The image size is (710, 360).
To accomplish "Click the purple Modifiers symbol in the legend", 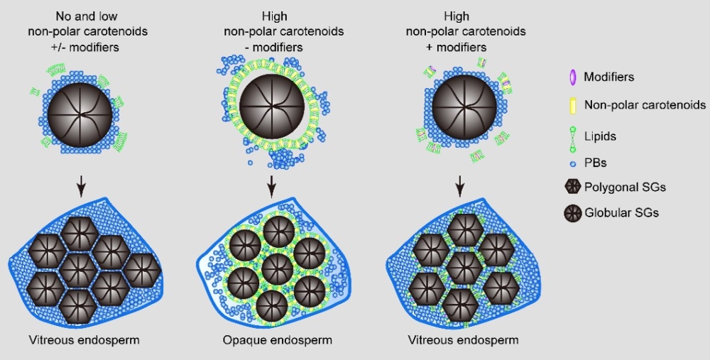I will click(x=572, y=77).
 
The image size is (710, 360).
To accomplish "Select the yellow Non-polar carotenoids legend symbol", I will click(x=572, y=105).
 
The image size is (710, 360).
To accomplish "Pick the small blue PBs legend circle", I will click(x=572, y=163).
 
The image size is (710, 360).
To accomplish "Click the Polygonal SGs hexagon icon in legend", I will click(x=572, y=187).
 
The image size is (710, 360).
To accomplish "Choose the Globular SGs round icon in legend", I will click(x=572, y=212).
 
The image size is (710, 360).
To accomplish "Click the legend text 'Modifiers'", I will click(x=608, y=77).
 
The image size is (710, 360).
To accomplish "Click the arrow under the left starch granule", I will click(x=81, y=185).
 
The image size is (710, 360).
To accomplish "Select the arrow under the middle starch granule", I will click(x=271, y=185).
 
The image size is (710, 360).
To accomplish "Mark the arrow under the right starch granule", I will click(x=460, y=185).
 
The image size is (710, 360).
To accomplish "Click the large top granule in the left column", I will click(x=80, y=113).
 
